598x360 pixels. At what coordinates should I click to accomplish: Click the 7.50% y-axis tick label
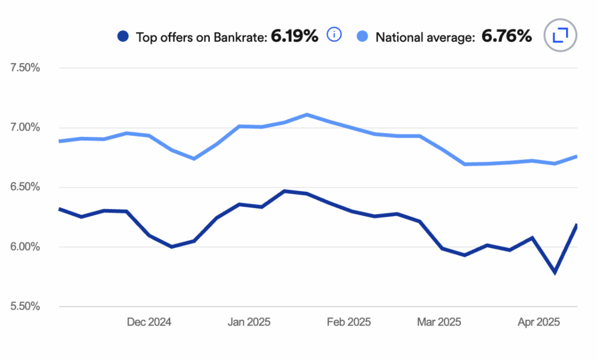point(25,68)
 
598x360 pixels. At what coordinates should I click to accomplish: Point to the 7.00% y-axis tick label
point(25,127)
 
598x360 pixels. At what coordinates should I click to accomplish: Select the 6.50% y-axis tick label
point(25,187)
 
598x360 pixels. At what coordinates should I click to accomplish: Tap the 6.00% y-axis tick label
point(25,247)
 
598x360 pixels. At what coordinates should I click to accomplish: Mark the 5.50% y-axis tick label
point(25,307)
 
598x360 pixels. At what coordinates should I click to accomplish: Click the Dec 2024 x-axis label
point(149,322)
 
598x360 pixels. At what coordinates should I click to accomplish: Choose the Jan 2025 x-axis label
point(249,322)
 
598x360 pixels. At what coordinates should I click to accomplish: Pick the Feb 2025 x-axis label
point(349,322)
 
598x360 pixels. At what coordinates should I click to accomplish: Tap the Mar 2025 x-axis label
point(439,322)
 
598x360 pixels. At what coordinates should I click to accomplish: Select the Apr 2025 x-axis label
point(539,322)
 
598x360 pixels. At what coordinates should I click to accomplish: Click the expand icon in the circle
point(561,35)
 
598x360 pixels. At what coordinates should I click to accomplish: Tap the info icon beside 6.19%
point(334,35)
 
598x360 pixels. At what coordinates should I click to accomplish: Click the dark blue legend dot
point(123,36)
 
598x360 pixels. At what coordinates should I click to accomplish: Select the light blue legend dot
point(363,36)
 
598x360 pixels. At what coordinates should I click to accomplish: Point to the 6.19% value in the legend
point(294,36)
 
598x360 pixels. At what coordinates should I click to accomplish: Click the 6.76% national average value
point(506,36)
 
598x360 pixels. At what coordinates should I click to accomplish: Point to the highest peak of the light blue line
point(306,115)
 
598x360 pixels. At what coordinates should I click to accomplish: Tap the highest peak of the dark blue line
point(284,191)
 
